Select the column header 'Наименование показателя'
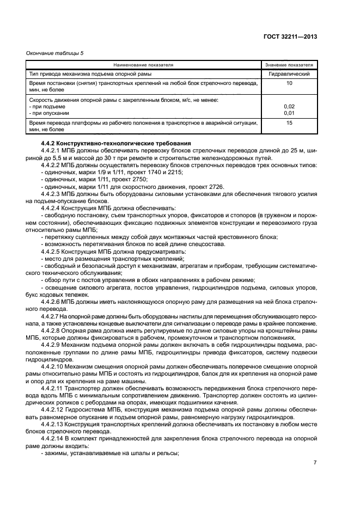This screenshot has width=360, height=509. [143, 64]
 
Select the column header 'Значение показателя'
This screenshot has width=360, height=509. [289, 64]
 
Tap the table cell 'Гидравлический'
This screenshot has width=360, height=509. [289, 73]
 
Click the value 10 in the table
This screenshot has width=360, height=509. [289, 83]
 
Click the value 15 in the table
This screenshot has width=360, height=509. [289, 124]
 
